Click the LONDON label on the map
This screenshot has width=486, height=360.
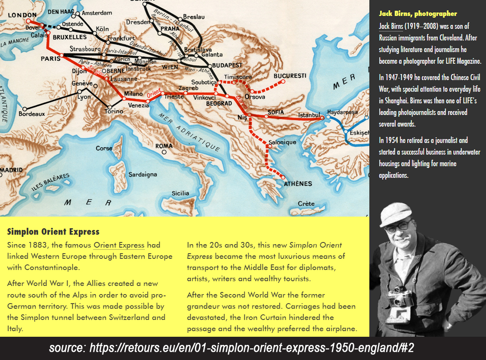click(22, 15)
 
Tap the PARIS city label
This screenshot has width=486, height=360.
click(50, 58)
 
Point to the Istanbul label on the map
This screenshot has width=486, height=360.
click(310, 115)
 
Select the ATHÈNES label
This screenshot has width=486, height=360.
click(298, 183)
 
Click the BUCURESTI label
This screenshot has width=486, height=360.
click(290, 76)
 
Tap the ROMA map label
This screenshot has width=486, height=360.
click(164, 146)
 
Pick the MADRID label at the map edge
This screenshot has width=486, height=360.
click(11, 170)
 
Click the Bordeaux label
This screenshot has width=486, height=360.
click(32, 114)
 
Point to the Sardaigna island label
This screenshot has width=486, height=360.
click(142, 174)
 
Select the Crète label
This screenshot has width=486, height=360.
click(306, 203)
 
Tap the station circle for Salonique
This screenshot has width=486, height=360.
click(269, 146)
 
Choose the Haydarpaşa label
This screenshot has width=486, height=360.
click(342, 112)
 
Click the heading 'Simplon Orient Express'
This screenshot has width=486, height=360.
click(53, 232)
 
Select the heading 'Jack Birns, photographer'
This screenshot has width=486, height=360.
click(418, 14)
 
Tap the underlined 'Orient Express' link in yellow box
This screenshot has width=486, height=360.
click(119, 245)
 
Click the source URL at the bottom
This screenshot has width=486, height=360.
click(232, 348)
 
